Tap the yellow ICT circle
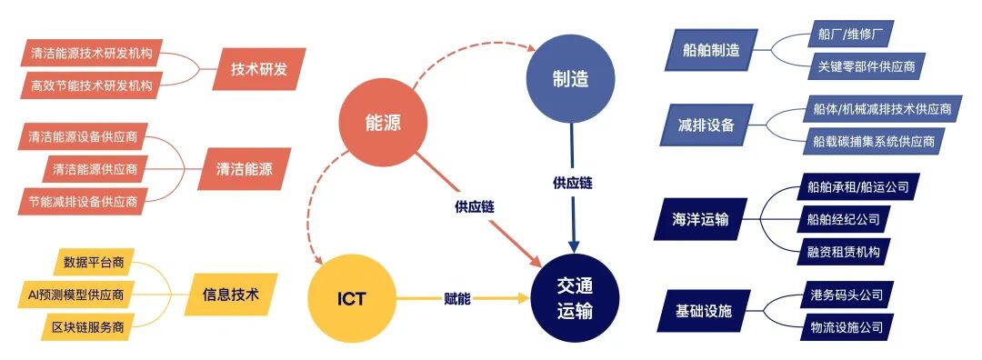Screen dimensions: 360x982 tap(350, 298)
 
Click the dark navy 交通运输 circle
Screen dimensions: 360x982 tap(575, 297)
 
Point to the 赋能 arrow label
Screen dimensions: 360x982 tap(456, 298)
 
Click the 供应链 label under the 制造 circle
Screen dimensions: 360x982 tap(572, 183)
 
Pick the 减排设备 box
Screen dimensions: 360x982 tap(706, 125)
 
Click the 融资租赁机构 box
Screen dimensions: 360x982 tap(843, 250)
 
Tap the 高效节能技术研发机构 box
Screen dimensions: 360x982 tap(90, 85)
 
